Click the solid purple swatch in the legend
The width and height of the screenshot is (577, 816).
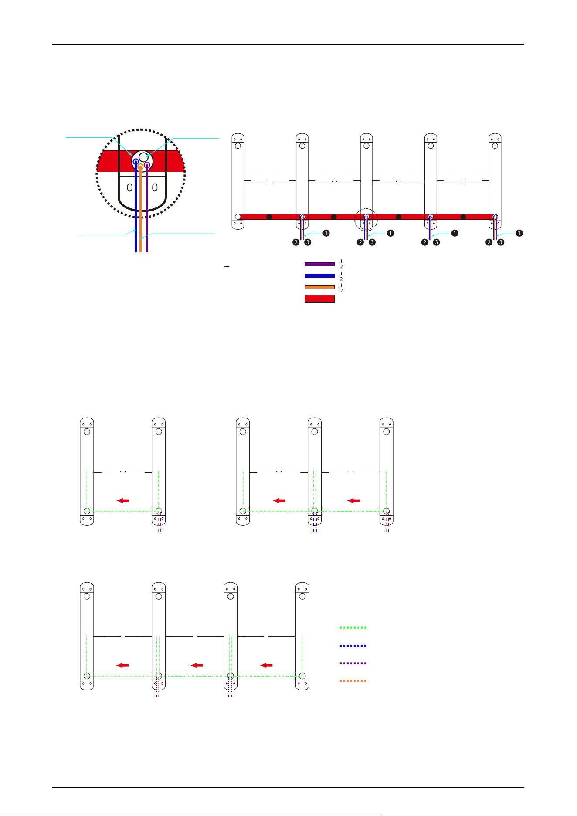(319, 264)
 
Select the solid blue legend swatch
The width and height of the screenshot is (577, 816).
(319, 275)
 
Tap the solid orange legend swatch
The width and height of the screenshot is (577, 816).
(319, 287)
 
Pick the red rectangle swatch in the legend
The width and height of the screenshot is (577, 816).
(319, 299)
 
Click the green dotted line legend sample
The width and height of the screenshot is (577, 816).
(353, 628)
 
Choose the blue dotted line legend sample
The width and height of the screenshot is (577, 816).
(353, 646)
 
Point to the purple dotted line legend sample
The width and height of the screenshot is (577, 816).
(353, 663)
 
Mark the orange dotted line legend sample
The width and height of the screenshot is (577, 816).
(353, 680)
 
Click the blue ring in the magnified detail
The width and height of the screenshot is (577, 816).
(136, 159)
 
